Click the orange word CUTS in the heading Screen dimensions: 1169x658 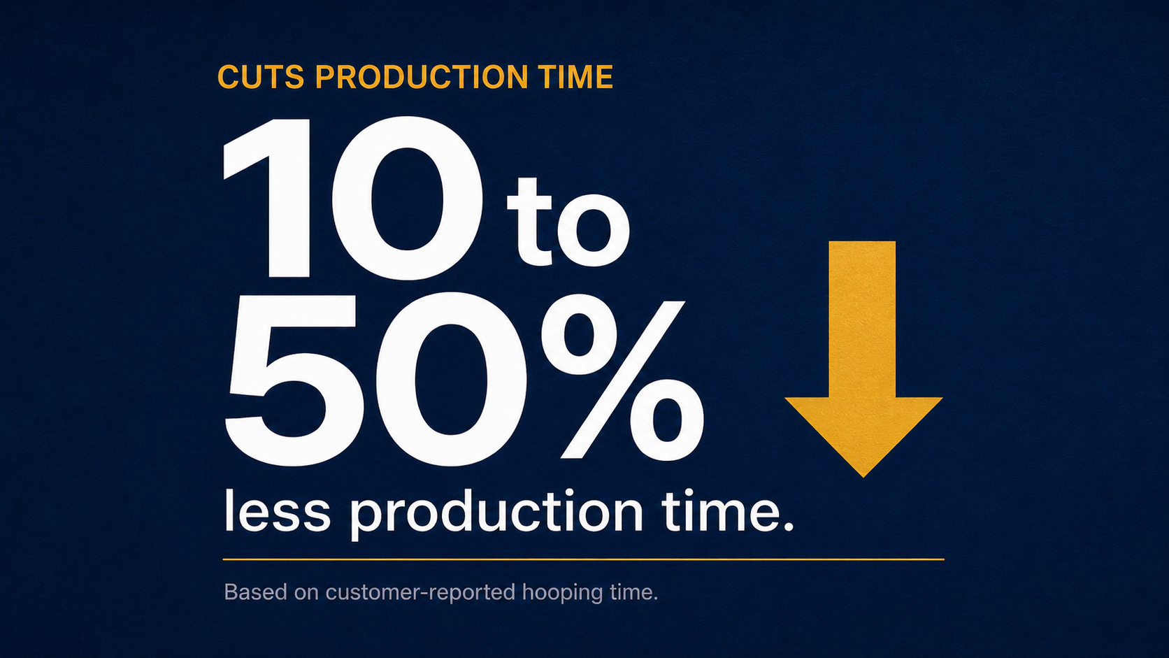(260, 77)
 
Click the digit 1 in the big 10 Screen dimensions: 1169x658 (267, 199)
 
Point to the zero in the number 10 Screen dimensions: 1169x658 (407, 199)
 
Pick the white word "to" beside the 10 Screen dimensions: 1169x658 (568, 222)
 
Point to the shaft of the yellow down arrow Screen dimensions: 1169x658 (862, 320)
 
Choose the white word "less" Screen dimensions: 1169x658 (277, 511)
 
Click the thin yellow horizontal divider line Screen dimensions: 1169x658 (584, 559)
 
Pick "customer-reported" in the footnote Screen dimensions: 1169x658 (420, 594)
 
